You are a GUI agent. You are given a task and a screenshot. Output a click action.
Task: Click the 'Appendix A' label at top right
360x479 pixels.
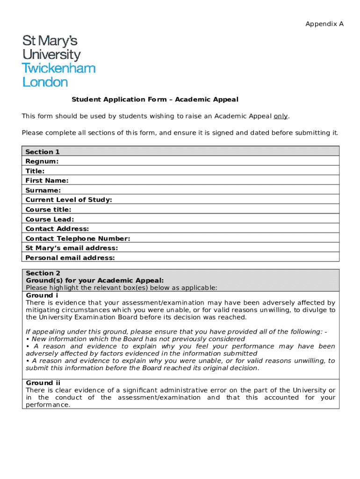coord(324,24)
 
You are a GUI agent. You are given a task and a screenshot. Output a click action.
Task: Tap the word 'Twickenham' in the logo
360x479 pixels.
coord(59,68)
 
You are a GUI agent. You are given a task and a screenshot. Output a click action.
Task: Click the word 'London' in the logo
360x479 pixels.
coord(45,82)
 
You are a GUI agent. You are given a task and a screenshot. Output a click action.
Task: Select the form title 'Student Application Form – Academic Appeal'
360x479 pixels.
coord(155,99)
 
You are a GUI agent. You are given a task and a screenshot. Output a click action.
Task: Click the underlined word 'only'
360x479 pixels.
coord(281,116)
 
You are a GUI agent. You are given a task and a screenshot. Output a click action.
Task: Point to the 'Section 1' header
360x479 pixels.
coord(43,152)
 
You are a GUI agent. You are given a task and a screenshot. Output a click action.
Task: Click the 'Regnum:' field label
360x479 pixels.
coord(42,161)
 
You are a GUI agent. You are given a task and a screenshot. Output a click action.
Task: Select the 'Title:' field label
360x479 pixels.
coord(35,171)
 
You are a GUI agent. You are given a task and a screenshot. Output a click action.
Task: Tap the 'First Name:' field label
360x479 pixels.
coord(47,181)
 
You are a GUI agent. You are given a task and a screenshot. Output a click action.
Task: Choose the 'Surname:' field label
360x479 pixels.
coord(43,190)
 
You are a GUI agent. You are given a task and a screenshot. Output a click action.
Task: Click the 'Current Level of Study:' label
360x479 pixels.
coord(69,200)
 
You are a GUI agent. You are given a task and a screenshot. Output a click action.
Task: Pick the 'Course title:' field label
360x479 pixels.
coord(49,210)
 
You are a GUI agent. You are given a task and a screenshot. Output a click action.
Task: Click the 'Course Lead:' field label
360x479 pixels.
coord(50,219)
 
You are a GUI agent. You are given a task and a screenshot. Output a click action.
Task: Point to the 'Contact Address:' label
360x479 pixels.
coord(57,229)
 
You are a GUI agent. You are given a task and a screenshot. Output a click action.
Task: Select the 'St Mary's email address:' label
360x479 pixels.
coord(72,248)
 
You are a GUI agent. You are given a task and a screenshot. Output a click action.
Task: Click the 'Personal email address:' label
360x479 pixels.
coord(70,258)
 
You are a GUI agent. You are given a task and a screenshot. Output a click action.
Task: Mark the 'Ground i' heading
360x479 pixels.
coord(42,295)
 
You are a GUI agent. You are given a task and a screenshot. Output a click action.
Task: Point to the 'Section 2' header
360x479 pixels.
coord(43,273)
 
